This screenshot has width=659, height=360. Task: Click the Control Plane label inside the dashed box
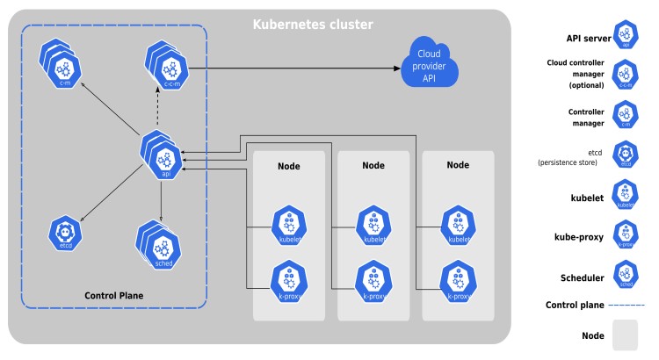[113, 295]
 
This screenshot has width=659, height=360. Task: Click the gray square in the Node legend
[625, 335]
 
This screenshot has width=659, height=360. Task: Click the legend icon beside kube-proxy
[625, 236]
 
